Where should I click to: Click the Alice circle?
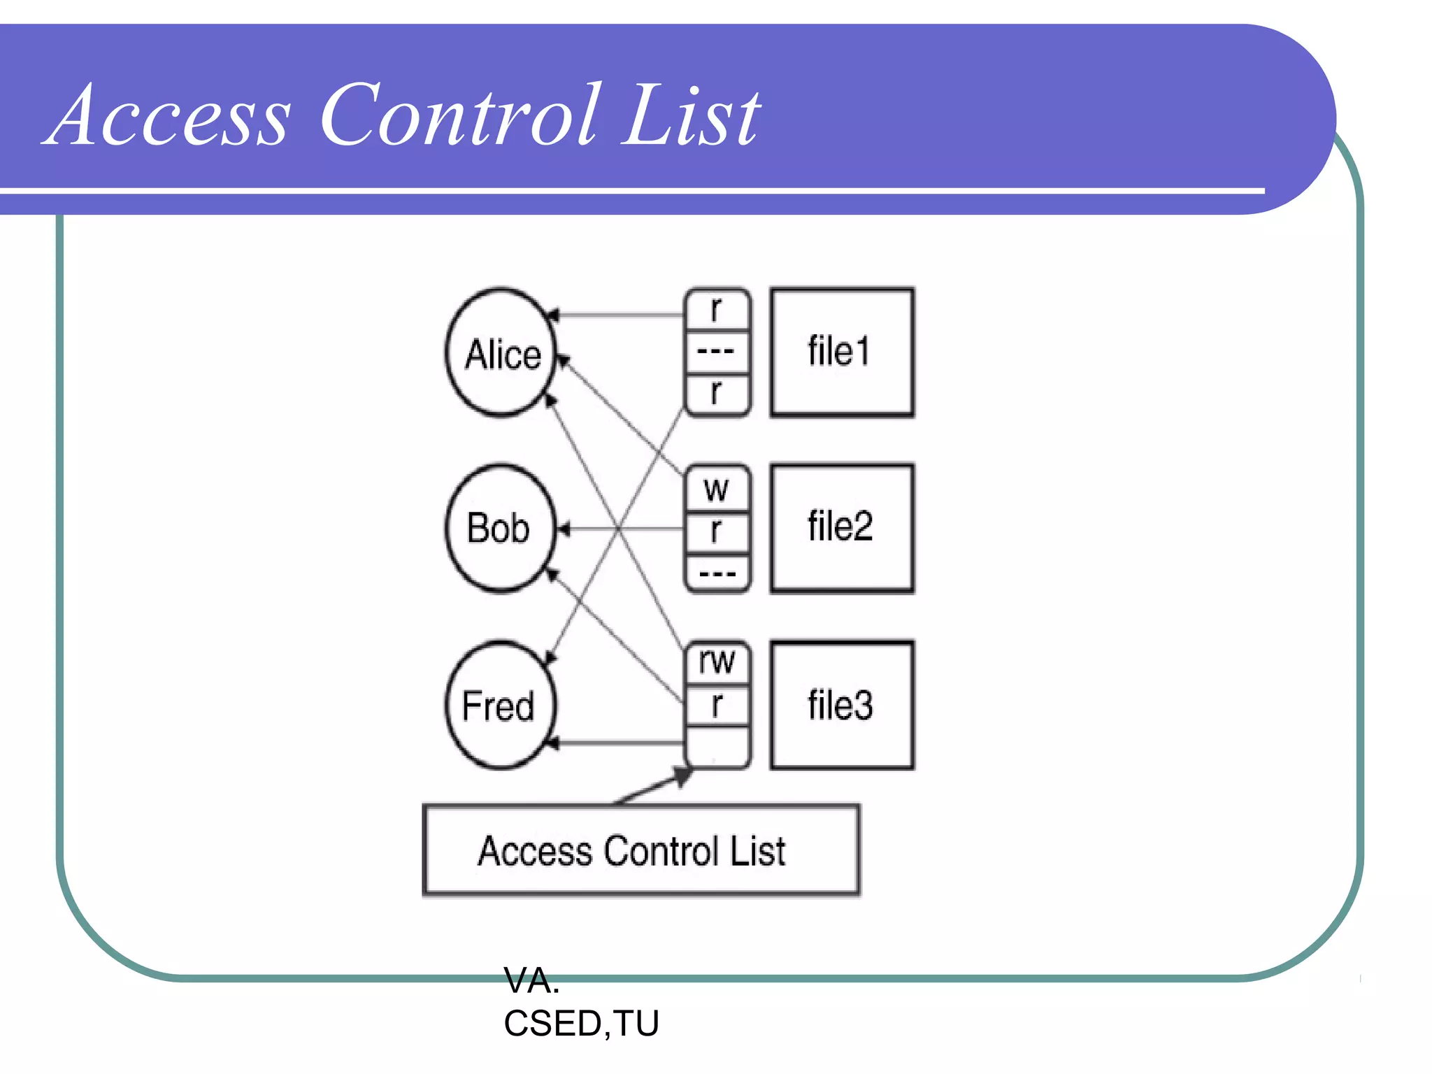[501, 352]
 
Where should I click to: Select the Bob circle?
[500, 528]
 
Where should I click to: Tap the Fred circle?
[500, 705]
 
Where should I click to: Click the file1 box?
[842, 352]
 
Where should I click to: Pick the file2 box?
[842, 529]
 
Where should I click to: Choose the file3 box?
[842, 705]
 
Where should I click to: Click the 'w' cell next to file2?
[717, 488]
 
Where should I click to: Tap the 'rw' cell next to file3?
[717, 661]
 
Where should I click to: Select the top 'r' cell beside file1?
[717, 310]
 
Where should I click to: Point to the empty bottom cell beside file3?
[717, 747]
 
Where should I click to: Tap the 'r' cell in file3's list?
[717, 705]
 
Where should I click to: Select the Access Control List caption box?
[641, 850]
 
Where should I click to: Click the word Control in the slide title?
[459, 115]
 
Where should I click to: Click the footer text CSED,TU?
[581, 1024]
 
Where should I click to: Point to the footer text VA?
[531, 981]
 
